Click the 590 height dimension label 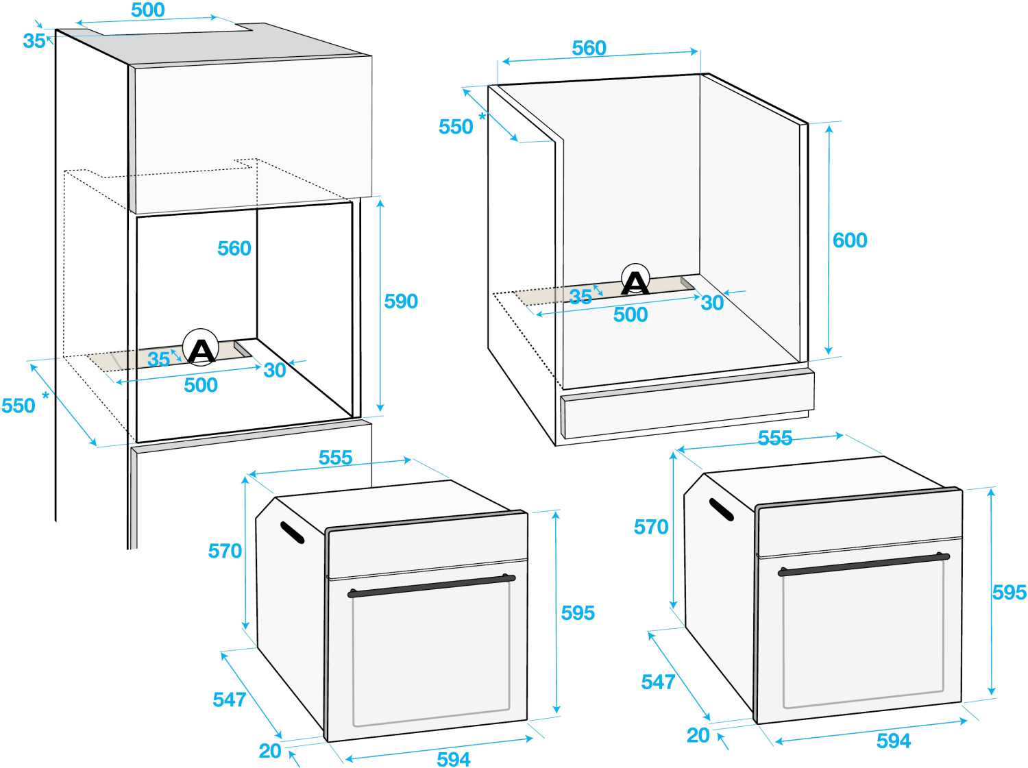401,301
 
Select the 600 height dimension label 850,240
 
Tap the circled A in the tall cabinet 201,347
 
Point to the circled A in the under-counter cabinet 635,279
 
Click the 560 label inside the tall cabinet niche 234,249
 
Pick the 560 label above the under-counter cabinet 589,48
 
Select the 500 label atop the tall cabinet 147,10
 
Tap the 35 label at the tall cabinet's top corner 34,41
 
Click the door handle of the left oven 431,586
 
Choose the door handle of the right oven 864,565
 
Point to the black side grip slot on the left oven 292,532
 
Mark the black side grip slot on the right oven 721,510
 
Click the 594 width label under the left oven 454,759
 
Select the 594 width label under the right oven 894,741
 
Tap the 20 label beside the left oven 270,751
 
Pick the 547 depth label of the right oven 658,682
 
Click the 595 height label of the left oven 578,613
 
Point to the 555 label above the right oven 775,438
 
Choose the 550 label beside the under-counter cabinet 456,127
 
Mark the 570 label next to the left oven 225,552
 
